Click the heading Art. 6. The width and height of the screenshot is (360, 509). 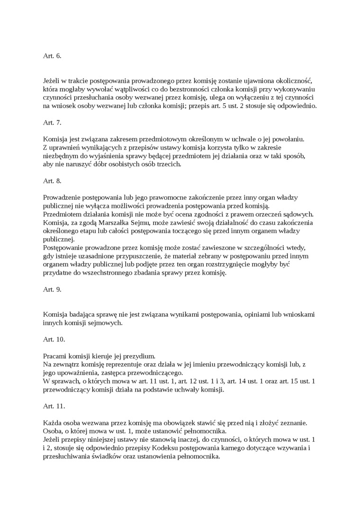pos(52,56)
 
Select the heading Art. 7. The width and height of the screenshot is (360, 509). pos(52,123)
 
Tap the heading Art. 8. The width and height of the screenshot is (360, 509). pos(52,181)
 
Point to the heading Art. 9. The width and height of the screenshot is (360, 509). pos(52,289)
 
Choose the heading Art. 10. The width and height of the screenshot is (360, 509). pos(54,339)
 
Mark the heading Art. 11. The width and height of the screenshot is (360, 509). pos(54,406)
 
